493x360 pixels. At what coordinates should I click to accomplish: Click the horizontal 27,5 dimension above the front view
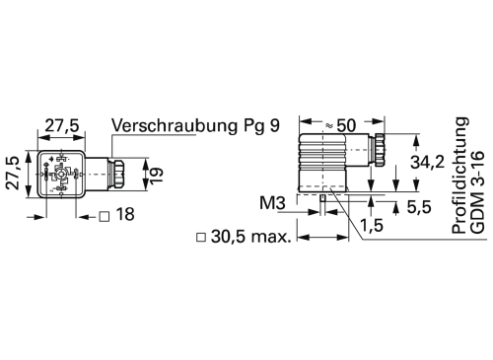pyautogui.click(x=61, y=126)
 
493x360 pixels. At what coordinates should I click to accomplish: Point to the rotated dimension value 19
pyautogui.click(x=154, y=175)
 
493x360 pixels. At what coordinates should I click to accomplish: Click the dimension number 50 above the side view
pyautogui.click(x=346, y=125)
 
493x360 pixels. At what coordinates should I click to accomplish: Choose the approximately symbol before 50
pyautogui.click(x=328, y=125)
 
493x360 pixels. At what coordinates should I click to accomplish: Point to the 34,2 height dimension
pyautogui.click(x=426, y=163)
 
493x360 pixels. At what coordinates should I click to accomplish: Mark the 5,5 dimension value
pyautogui.click(x=421, y=207)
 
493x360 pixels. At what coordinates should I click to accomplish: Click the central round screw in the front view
pyautogui.click(x=61, y=176)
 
